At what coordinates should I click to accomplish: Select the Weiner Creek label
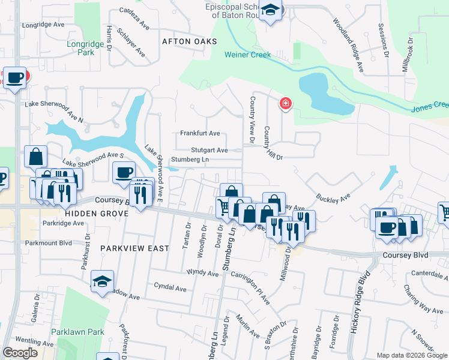coord(247,55)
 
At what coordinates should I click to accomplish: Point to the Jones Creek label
coord(430,107)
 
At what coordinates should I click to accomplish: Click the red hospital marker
coord(285,103)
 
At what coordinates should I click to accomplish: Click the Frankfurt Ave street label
coord(200,133)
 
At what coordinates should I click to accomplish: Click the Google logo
coord(20,353)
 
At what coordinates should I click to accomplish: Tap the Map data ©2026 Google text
coord(412,355)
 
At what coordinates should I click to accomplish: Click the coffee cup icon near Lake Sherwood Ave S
coord(124,172)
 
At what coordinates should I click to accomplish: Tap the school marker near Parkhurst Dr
coord(103,281)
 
